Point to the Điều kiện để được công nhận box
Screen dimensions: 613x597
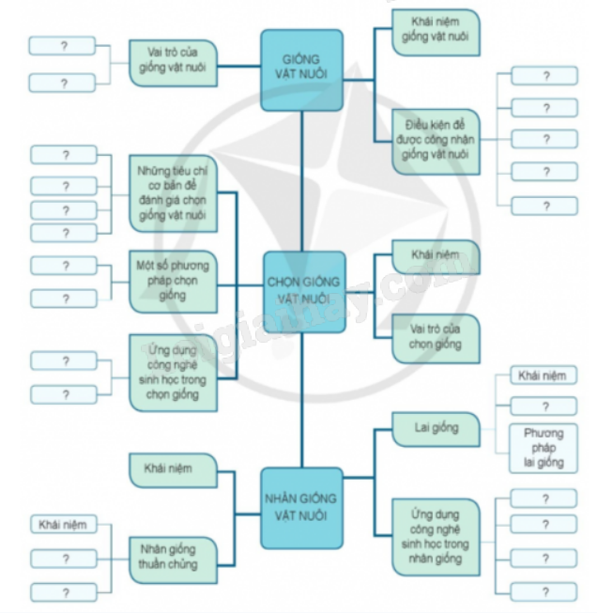435,140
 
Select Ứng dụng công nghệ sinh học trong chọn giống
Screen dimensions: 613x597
174,371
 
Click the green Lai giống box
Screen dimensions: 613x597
436,428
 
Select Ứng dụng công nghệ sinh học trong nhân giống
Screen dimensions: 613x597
436,537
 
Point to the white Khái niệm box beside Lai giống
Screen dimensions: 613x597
543,376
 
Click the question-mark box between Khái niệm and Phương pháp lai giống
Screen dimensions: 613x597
543,406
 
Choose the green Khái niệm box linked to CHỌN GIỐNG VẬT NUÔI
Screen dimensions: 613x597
435,255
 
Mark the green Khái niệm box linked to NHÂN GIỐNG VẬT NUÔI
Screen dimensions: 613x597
175,467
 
